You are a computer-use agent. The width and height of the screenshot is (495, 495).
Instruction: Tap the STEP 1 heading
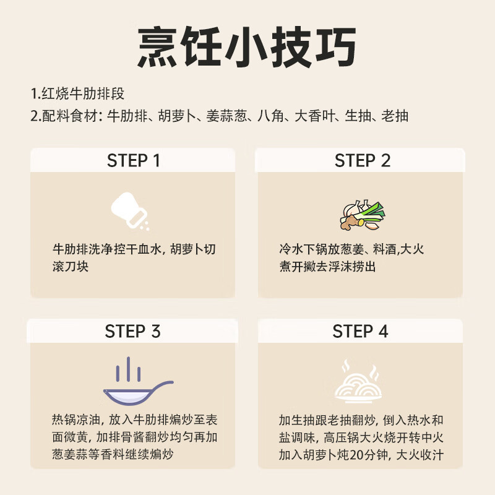click(x=133, y=161)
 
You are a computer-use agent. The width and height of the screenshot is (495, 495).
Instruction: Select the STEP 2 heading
click(x=362, y=161)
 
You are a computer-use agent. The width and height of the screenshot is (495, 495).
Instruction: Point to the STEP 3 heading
click(x=132, y=331)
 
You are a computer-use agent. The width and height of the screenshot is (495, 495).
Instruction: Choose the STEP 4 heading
click(x=360, y=331)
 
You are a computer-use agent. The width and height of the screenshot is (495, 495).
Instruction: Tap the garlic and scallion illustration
click(x=362, y=215)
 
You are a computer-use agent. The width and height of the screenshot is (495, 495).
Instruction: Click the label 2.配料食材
click(x=66, y=116)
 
